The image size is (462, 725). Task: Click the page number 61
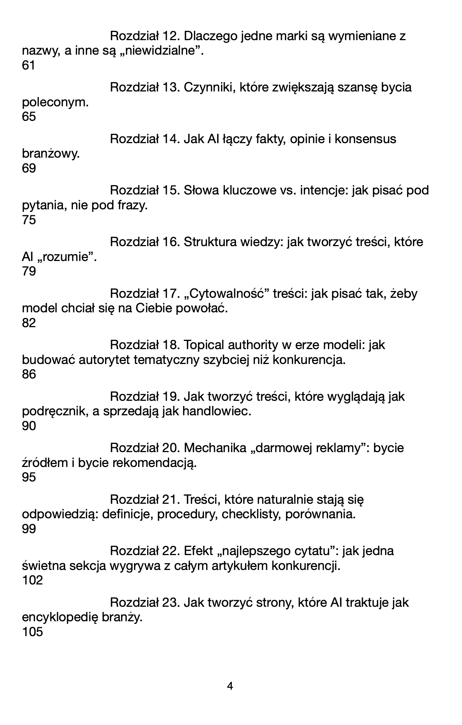tap(29, 65)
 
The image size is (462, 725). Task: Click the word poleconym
tap(55, 102)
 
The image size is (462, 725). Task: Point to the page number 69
tap(29, 168)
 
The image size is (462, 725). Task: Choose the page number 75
tap(29, 220)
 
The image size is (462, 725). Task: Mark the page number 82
tap(29, 323)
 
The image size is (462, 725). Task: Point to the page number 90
tap(29, 426)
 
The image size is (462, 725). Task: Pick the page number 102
tap(33, 580)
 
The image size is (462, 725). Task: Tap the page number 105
tap(33, 632)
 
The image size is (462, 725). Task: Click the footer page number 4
tap(230, 686)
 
